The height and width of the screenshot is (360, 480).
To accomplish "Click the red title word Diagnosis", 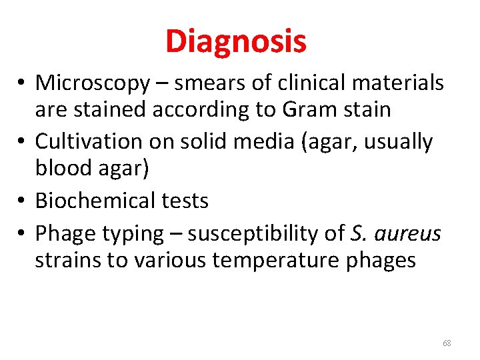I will click(x=236, y=41).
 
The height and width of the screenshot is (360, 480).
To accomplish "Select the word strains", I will click(x=69, y=260).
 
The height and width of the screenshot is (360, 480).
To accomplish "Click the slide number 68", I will click(x=447, y=343).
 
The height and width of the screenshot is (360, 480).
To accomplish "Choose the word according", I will click(x=205, y=109).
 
